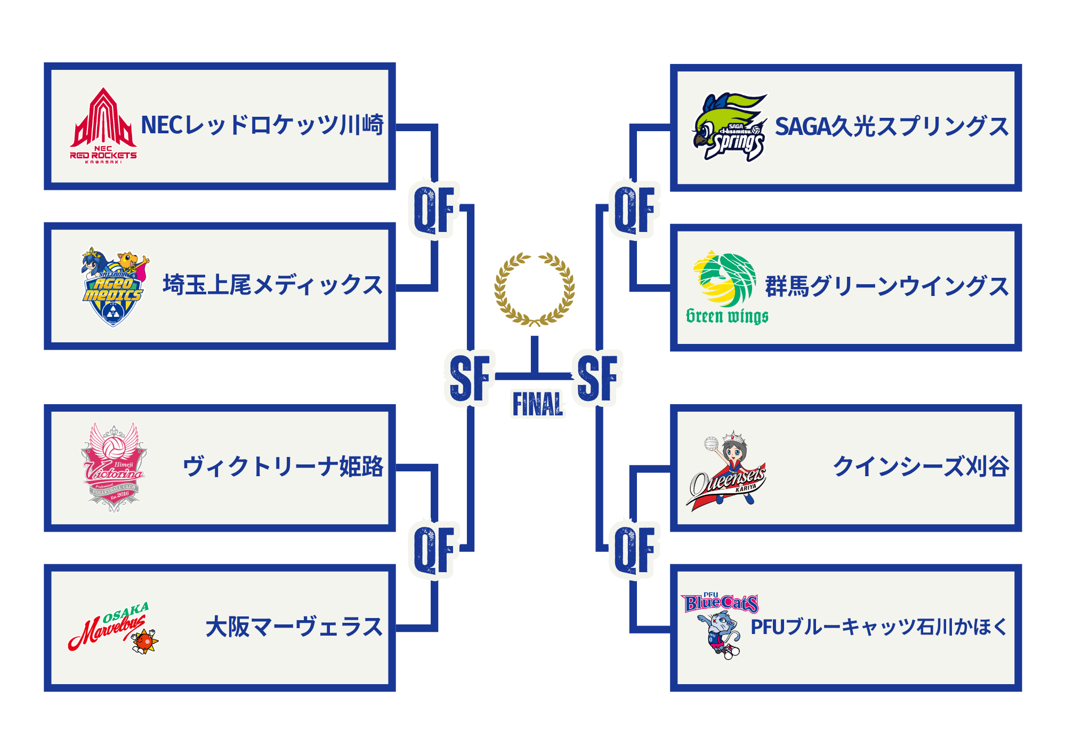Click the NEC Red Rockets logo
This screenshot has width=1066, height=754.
(x=103, y=126)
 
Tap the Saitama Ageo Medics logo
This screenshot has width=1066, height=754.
(x=114, y=286)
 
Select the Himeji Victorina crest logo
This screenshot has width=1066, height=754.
(x=114, y=468)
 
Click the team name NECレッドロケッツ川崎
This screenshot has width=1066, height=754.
(x=262, y=125)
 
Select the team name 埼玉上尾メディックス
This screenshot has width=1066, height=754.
(x=273, y=285)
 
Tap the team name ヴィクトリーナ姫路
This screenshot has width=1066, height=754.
(x=283, y=467)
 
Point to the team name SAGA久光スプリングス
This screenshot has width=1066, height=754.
(x=892, y=127)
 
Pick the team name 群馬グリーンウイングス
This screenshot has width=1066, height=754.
(x=887, y=286)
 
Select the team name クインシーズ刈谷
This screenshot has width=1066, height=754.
(x=921, y=467)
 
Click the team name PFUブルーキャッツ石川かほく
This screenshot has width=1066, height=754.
(x=879, y=627)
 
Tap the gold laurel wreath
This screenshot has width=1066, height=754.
(x=534, y=289)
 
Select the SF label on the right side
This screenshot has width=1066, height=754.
(x=597, y=378)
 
